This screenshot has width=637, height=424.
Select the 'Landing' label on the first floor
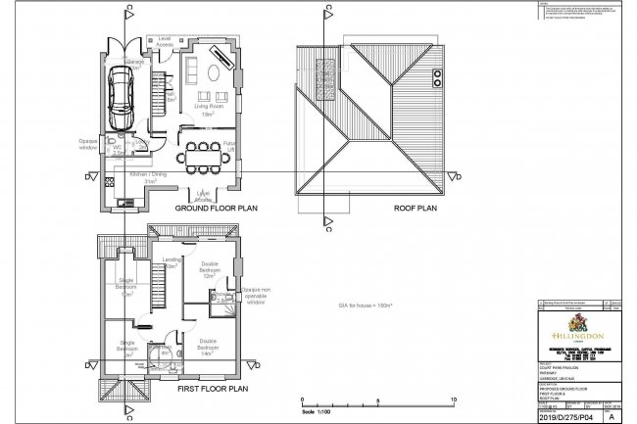169,262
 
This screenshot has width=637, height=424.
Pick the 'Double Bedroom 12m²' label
208,270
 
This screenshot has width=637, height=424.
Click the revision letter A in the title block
614,413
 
